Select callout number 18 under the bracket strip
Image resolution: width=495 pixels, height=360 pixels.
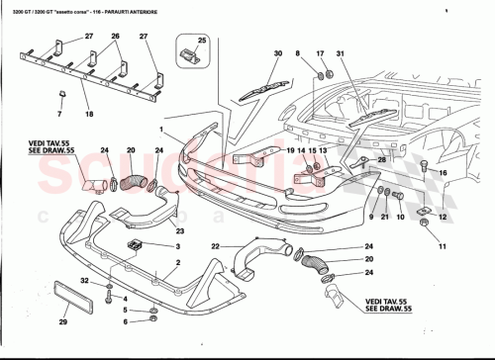point(90,116)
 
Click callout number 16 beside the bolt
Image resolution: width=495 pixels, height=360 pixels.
point(443,172)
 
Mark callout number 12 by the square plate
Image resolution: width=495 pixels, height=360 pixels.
point(443,216)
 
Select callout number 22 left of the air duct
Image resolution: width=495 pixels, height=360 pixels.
point(215,245)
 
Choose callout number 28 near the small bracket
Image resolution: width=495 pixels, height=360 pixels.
point(380,157)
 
